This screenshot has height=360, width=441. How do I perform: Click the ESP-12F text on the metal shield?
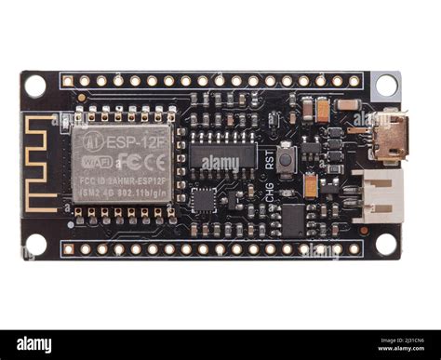pos(134,141)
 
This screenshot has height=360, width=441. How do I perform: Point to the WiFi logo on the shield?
pos(94,160)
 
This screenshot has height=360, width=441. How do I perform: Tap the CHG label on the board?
pos(269,192)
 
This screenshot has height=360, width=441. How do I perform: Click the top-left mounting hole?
pos(35,86)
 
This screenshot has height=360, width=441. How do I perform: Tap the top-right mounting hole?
pos(385,86)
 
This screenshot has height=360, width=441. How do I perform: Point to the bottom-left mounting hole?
pos(35,245)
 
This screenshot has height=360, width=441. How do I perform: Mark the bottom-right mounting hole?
pos(385,245)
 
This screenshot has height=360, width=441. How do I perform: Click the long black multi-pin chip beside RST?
pos(222,155)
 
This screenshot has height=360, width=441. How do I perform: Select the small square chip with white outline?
pos(204,198)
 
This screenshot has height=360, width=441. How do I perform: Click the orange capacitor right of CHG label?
pos(310,186)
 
